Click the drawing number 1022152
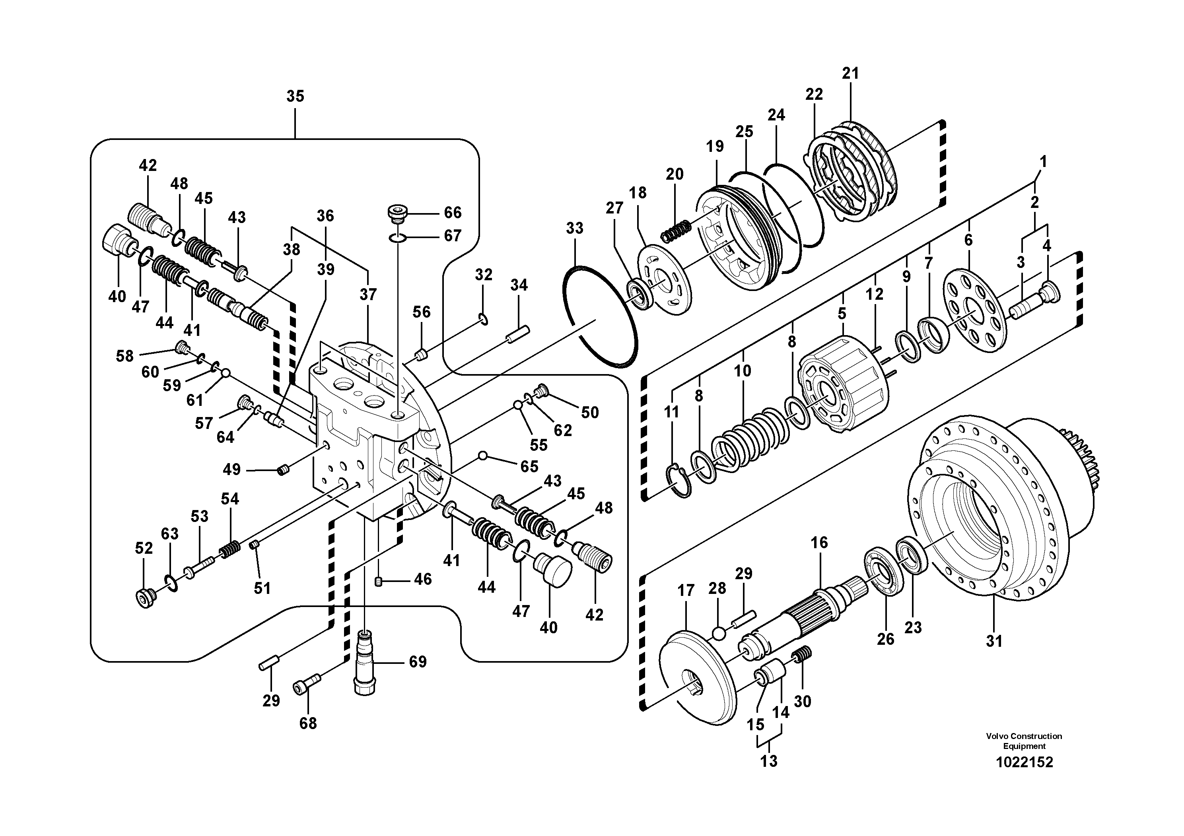pyautogui.click(x=1024, y=762)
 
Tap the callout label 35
pyautogui.click(x=295, y=96)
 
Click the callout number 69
pyautogui.click(x=418, y=662)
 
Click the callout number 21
pyautogui.click(x=850, y=74)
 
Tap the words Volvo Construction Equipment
pyautogui.click(x=1024, y=741)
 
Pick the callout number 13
pyautogui.click(x=768, y=761)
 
